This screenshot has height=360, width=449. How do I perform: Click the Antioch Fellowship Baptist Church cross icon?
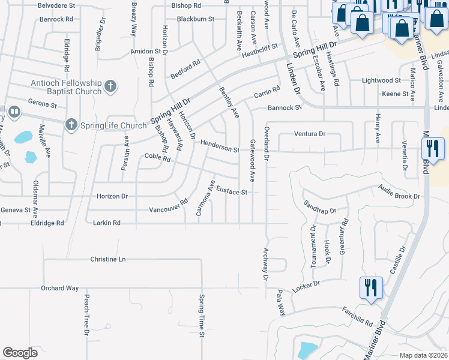coord(110,87)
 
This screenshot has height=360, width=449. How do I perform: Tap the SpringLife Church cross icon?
coord(71,125)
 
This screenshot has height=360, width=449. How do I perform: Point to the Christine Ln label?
coord(108,259)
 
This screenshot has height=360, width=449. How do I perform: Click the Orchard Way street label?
coord(60,288)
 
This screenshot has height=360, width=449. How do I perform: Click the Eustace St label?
coord(232,192)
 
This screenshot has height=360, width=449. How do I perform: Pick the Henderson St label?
coord(220,146)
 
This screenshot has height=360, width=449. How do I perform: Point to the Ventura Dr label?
coord(309,134)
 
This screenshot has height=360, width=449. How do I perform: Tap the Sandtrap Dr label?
coord(320,207)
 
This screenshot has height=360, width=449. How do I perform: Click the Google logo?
coord(20,352)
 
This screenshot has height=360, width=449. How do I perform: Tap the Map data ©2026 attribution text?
coord(423,355)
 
